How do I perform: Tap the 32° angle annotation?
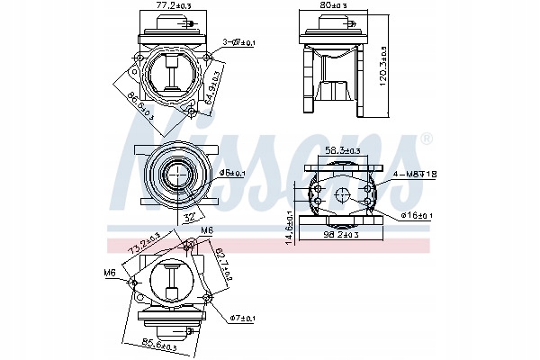190,215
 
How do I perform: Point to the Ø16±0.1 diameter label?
416,215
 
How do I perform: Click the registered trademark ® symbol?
426,139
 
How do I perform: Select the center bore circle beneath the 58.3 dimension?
341,196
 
